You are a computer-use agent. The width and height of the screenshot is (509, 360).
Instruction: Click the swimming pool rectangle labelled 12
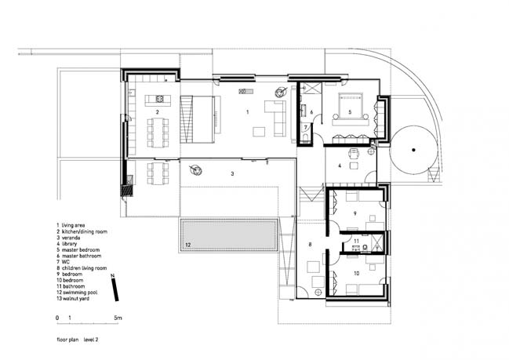tap(229, 235)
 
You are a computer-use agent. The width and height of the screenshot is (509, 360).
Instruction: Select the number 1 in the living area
tap(248, 112)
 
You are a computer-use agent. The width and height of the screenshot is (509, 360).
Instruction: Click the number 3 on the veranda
tap(232, 173)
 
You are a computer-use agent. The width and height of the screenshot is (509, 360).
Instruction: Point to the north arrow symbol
tap(115, 288)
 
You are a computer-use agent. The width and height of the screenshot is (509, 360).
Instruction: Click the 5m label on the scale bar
tap(118, 318)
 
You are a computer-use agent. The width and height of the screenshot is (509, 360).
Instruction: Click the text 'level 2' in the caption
tap(91, 340)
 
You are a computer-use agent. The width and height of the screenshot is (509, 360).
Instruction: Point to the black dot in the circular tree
tap(413, 150)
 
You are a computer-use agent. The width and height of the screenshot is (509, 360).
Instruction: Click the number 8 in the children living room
tap(310, 245)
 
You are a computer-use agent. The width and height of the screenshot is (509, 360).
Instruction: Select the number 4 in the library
tap(340, 165)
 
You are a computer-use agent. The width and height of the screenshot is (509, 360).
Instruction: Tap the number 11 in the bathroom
tap(357, 242)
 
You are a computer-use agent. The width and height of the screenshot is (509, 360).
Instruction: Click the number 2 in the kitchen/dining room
tap(158, 112)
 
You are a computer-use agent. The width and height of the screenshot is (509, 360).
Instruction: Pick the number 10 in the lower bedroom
tap(356, 273)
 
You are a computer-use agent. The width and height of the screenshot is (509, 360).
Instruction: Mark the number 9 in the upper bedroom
tap(354, 213)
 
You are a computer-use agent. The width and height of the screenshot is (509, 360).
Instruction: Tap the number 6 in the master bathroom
tap(311, 112)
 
